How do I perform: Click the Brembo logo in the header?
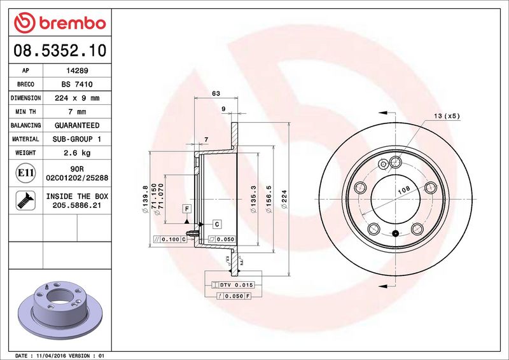[60, 23]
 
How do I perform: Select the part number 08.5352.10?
[60, 50]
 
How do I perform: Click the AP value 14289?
[77, 71]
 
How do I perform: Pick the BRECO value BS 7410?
[77, 85]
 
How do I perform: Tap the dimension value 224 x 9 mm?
[77, 98]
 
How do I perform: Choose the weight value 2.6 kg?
[77, 153]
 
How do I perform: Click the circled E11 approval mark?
[25, 173]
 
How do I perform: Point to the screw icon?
[25, 200]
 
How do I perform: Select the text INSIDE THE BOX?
[77, 197]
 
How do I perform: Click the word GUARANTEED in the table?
[77, 125]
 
